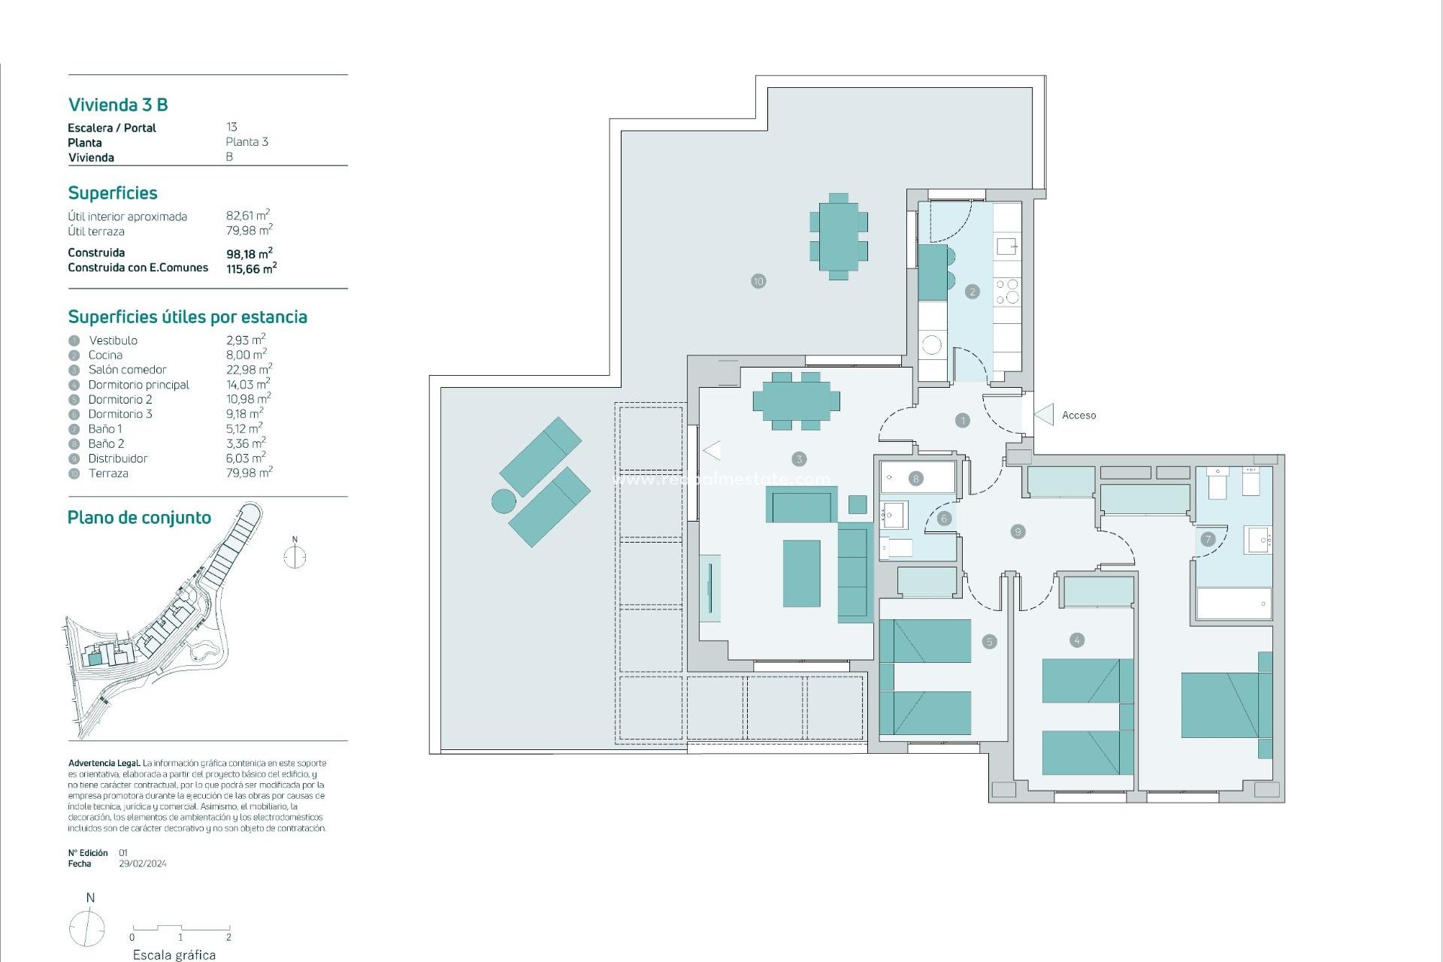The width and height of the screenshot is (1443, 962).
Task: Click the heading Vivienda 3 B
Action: coord(118,104)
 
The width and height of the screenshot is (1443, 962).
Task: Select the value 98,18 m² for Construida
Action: coord(249,254)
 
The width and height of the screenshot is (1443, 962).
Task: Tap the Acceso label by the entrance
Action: coord(1078,415)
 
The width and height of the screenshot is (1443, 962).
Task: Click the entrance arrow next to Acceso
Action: coord(1045,414)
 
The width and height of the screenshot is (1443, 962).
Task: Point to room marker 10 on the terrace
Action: coord(758,281)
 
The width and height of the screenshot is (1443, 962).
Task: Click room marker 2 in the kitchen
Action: coord(973,292)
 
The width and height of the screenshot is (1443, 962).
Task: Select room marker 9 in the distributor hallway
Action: coord(1018,531)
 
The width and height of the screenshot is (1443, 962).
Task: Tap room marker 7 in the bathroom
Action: coord(1208,539)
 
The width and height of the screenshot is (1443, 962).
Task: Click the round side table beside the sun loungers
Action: coord(504,501)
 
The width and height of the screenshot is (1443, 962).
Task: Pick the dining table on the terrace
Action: coord(839,236)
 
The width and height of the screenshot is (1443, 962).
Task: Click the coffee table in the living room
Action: coord(801,573)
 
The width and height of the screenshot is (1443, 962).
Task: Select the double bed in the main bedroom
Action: coord(1225,705)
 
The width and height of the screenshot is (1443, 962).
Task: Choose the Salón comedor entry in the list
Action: coord(127,370)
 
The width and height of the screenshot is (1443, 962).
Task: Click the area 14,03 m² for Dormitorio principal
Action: coord(247,384)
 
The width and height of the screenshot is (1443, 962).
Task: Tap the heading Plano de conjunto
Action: coord(139,518)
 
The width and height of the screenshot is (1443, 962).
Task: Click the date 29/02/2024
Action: coord(143,864)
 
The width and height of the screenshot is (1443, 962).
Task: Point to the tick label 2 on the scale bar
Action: coord(228,937)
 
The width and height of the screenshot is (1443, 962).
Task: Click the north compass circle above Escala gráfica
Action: coord(87,927)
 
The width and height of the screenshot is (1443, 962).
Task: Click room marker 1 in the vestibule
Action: coord(962,421)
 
